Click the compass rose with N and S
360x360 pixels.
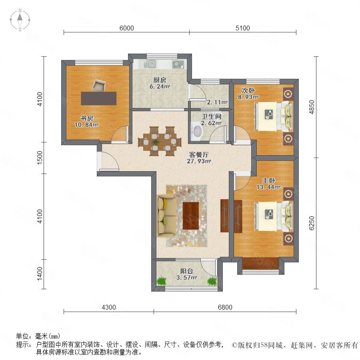[x=20, y=20]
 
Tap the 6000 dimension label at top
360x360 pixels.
[x=127, y=28]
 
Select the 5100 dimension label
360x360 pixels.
[x=243, y=28]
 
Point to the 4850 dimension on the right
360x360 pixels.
[x=311, y=107]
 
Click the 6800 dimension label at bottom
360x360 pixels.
[x=225, y=307]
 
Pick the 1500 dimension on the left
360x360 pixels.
[x=40, y=158]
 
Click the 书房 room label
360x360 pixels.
[x=86, y=118]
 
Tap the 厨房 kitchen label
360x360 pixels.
[x=160, y=80]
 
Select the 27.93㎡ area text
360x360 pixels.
[x=199, y=161]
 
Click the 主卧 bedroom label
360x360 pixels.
[x=268, y=180]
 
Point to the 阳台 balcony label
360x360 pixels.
[x=186, y=271]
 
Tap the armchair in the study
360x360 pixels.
[x=99, y=86]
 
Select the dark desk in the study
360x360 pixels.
[x=99, y=98]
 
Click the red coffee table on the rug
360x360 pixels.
[x=191, y=216]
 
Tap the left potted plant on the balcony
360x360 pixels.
[x=162, y=281]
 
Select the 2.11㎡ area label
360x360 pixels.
[x=217, y=102]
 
